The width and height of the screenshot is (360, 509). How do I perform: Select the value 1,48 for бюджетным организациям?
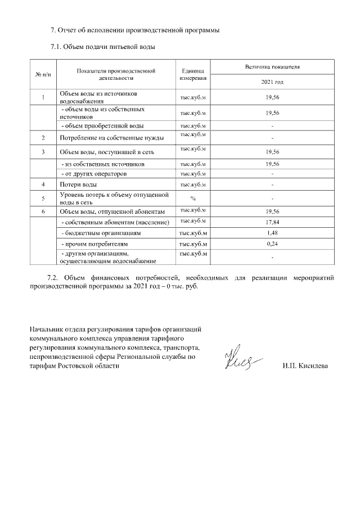tap(272, 232)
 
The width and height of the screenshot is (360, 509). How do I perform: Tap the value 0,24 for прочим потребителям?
tap(272, 244)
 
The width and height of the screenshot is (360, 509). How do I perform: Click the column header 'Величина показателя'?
tap(272, 66)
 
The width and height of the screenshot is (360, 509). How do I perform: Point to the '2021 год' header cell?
tap(272, 82)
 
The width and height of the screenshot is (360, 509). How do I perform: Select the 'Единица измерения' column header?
tap(192, 75)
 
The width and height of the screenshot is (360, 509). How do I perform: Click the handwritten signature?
tap(242, 358)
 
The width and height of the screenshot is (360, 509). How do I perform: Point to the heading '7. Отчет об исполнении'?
tap(134, 30)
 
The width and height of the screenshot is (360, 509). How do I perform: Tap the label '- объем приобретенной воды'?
tap(102, 125)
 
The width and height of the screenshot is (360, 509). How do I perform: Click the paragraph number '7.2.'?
tap(52, 277)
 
